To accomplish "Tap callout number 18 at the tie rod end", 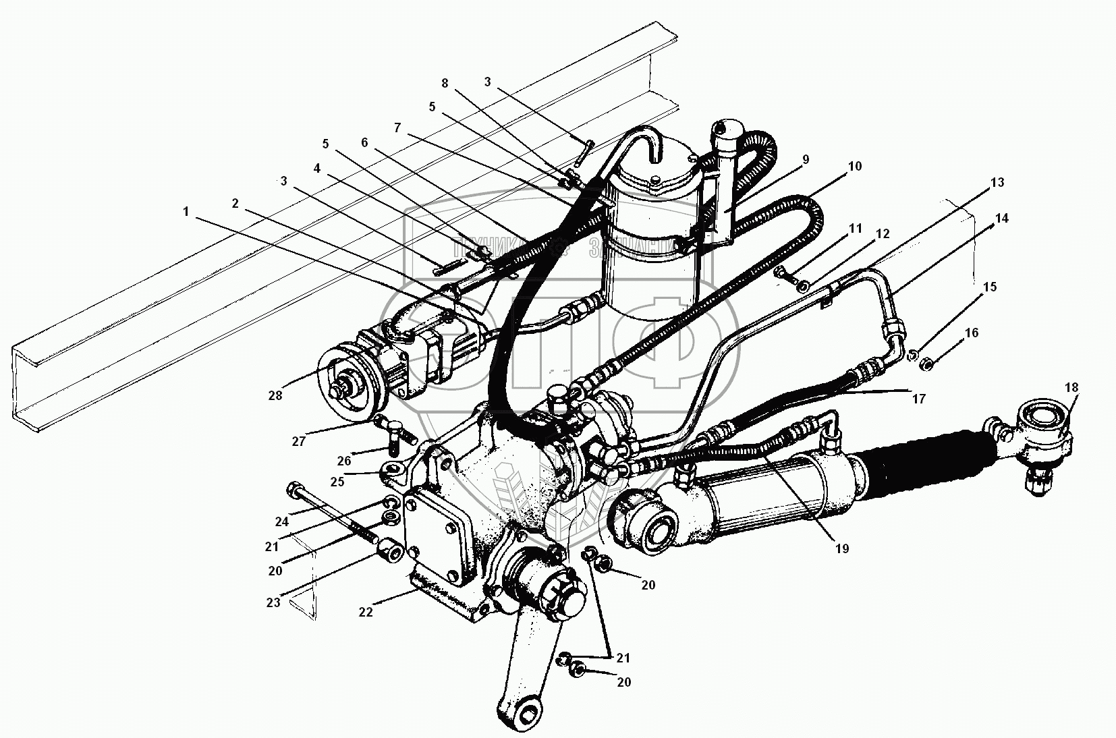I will coord(1071,387).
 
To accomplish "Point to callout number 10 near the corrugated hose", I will coord(854,167).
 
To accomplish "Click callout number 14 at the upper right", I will coord(1001,218).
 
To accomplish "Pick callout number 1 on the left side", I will coord(186,212).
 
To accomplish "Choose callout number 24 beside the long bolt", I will coord(281,521).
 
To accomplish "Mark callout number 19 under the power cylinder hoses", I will coord(841,548).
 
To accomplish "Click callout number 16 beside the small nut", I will coord(972,333).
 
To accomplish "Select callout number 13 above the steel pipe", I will coord(997,182).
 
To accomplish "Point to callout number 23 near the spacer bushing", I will coord(273,602).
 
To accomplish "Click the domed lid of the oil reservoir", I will coord(650,167).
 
